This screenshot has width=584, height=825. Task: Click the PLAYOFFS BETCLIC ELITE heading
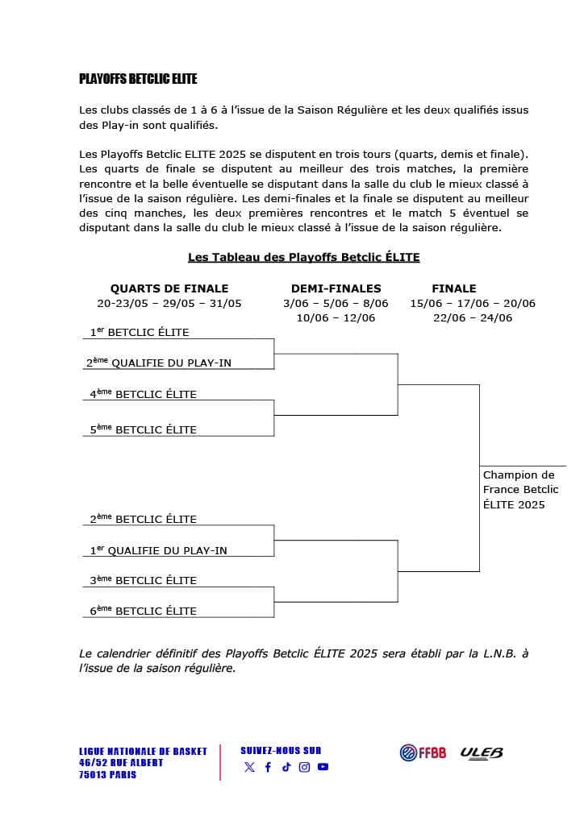coord(138,79)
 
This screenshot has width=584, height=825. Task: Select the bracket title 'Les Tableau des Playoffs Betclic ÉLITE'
coord(303,257)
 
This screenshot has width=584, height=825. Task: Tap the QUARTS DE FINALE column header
coord(169,288)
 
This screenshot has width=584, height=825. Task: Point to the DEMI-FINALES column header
coord(336,288)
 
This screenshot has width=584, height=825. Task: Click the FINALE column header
coord(454,288)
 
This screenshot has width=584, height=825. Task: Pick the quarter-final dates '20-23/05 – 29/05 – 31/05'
coord(169,304)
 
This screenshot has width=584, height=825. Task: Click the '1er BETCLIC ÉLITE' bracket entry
coord(140,332)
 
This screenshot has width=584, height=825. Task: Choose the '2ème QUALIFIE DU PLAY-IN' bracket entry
coord(159,363)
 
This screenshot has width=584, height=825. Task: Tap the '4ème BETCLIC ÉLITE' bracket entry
coord(144,394)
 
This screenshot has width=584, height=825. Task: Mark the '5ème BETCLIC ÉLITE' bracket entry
coord(144,429)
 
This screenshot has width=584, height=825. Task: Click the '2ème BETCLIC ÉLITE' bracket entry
coord(144,519)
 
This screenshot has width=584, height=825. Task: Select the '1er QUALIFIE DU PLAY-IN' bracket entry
coord(158,550)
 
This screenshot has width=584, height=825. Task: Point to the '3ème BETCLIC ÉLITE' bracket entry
coord(144,580)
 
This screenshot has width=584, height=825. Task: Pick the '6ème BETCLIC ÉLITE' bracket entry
coord(144,611)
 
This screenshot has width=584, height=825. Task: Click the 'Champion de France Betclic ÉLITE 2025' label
coord(520,490)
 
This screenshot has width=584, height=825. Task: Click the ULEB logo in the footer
coord(482,752)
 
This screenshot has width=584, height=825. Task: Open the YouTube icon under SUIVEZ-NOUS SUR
coord(323,768)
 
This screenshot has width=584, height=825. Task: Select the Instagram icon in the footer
coord(304,768)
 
